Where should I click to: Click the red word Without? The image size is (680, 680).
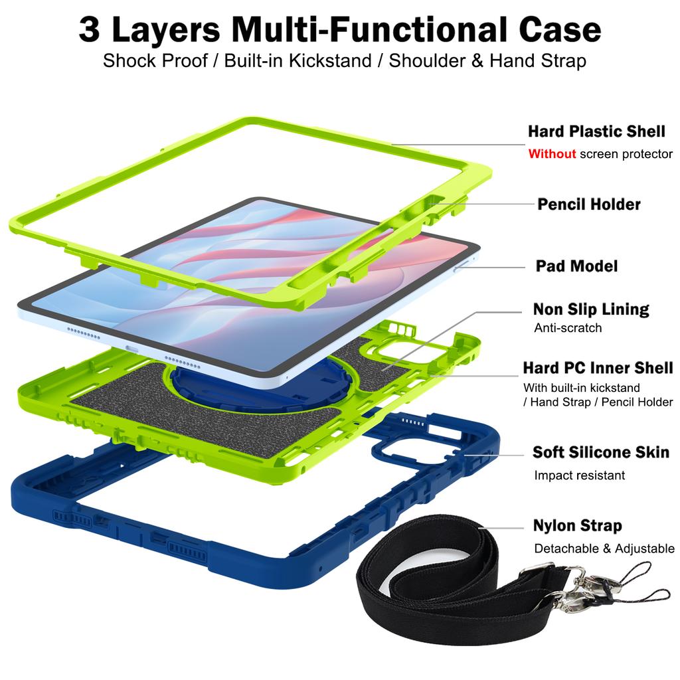552,154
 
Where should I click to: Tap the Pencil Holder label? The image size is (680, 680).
589,204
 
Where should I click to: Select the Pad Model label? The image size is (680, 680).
576,266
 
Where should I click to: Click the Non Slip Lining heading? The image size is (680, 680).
590,309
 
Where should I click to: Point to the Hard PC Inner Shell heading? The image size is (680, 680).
598,367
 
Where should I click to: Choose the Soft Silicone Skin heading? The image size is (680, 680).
600,452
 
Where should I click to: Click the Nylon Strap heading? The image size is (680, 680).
577,526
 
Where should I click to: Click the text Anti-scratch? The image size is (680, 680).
568,327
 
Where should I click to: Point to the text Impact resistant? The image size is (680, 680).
579,475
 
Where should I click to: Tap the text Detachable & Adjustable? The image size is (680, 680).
604,549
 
